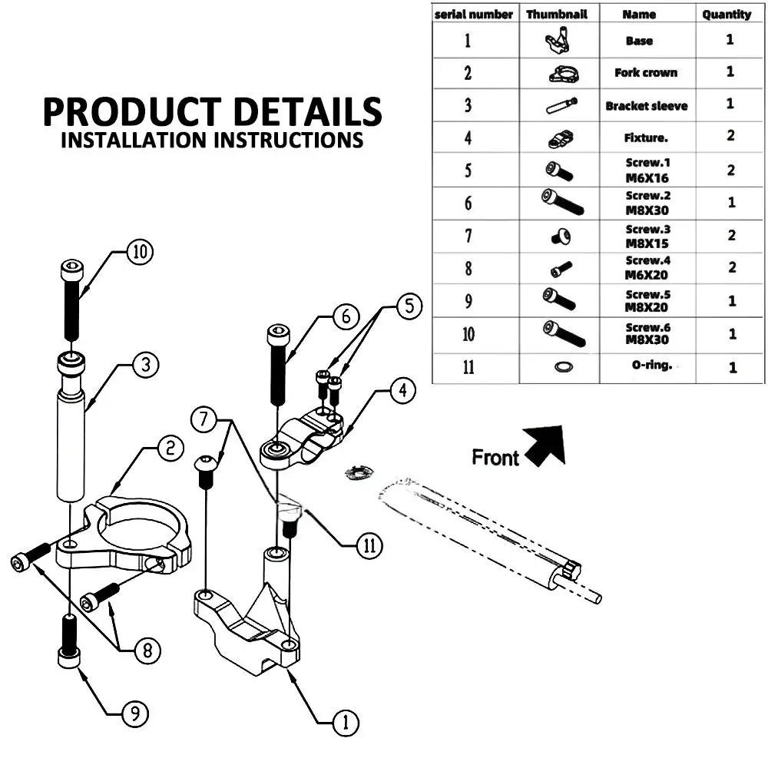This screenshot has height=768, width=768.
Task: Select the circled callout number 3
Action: point(146,366)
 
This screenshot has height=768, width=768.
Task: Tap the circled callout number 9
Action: point(135,715)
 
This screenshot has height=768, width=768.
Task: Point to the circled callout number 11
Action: point(369,545)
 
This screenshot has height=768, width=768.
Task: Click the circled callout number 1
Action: point(346,721)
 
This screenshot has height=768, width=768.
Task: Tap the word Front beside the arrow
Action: point(495,458)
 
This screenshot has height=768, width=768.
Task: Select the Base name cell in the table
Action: point(639,41)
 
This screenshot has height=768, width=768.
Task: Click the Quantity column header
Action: point(727,14)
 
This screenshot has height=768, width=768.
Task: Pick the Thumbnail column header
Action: point(556,14)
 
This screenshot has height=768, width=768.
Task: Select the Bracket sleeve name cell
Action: point(646,106)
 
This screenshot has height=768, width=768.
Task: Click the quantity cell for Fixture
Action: point(730,136)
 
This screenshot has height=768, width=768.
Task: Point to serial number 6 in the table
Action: point(468,204)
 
